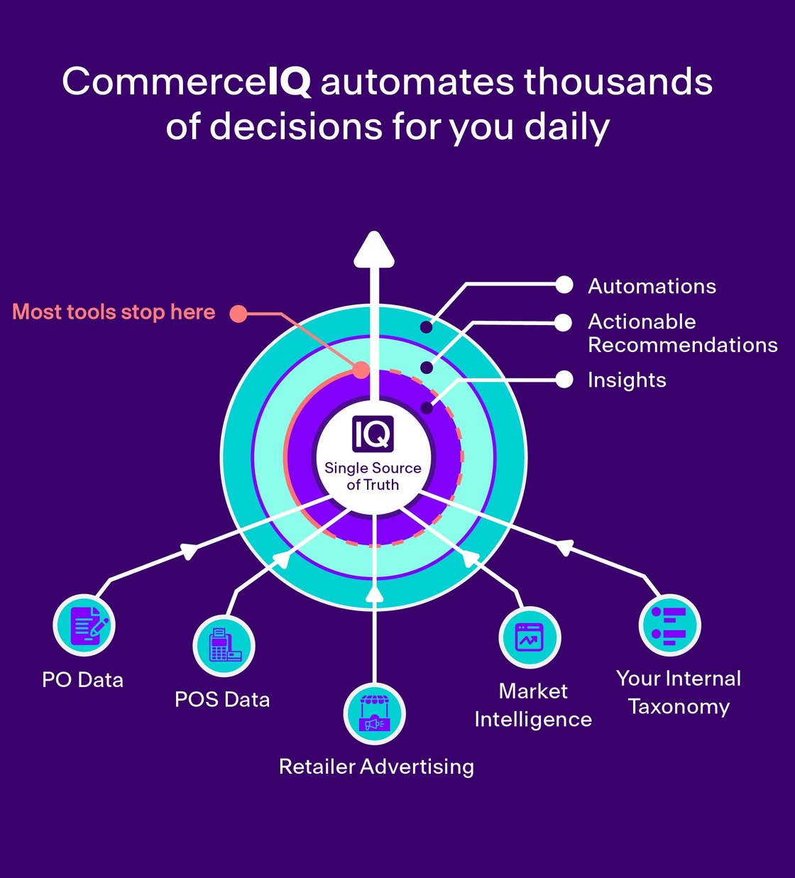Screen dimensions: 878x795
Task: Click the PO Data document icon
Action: coord(84,625)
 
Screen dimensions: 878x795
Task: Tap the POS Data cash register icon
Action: coord(224,646)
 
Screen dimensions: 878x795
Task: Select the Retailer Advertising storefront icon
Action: coord(374,714)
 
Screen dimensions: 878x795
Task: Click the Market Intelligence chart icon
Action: coord(530,637)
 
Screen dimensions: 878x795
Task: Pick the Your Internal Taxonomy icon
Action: coord(669,625)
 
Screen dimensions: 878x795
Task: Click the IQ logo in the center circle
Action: coord(373,434)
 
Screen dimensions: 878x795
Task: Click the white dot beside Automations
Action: coord(564,285)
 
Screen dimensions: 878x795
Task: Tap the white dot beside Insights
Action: coord(564,380)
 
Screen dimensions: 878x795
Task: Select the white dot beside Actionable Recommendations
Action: coord(563,322)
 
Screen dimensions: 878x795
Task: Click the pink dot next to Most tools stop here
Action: coord(238,313)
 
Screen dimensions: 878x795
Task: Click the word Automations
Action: coord(652,286)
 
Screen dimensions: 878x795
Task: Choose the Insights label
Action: coord(627,380)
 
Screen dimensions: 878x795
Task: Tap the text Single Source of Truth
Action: coord(373,476)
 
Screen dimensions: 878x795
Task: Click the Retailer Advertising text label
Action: coord(376,767)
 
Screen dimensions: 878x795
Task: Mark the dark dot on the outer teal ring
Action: coord(426,327)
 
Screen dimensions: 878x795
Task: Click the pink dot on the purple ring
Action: coord(361,370)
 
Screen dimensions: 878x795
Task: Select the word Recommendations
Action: coord(683,345)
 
